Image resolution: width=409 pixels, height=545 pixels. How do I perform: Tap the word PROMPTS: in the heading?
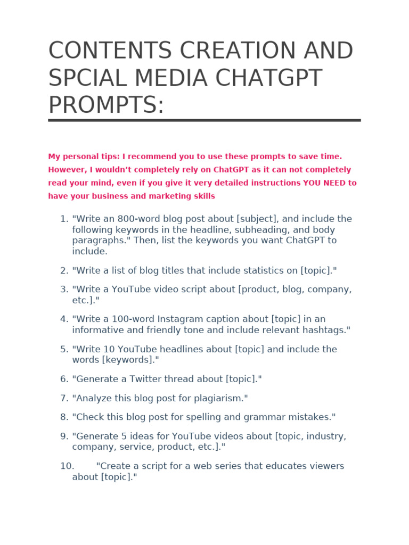point(106,105)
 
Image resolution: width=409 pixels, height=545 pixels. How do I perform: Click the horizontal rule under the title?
point(204,120)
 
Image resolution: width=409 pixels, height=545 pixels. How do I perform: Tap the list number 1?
point(64,219)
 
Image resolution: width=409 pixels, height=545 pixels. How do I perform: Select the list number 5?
point(64,349)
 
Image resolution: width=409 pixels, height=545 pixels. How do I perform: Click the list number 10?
point(67,466)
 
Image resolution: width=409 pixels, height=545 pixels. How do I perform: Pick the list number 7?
point(64,398)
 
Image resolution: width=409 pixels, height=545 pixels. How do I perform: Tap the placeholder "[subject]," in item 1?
point(258,219)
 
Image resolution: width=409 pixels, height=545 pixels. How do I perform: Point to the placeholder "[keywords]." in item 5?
point(130,360)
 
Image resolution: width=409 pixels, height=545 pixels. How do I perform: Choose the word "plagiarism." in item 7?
point(219,398)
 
